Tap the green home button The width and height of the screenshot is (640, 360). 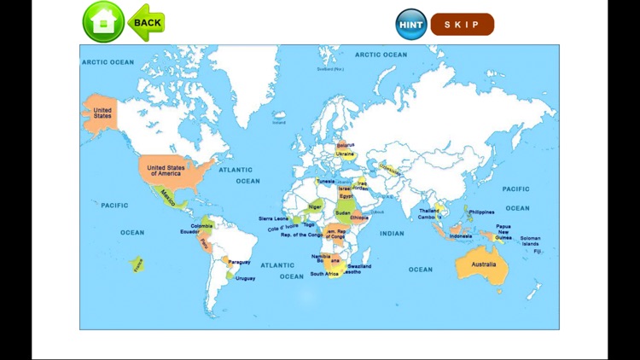coord(103,22)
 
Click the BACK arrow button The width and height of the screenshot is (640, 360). coord(146,22)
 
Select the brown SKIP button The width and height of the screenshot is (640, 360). coord(462,24)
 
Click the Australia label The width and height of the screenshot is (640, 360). coord(483,264)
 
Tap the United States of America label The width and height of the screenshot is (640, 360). coord(166,171)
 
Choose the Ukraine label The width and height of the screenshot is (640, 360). coord(346,154)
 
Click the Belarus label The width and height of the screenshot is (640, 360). coord(346,145)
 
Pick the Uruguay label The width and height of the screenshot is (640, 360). coord(245,278)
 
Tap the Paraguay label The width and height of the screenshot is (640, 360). coord(240,262)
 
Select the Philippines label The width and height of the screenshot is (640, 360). coord(481,212)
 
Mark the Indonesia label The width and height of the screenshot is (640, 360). coord(461,235)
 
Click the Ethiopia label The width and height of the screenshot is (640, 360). coord(359,218)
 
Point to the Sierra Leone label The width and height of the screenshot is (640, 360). coord(274,218)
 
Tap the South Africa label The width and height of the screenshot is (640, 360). coord(324,274)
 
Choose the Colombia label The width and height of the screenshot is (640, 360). coord(201,225)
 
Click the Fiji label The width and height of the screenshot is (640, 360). coord(538,252)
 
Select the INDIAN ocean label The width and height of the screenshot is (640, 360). coord(392,233)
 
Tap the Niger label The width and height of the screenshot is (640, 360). coord(316,206)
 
